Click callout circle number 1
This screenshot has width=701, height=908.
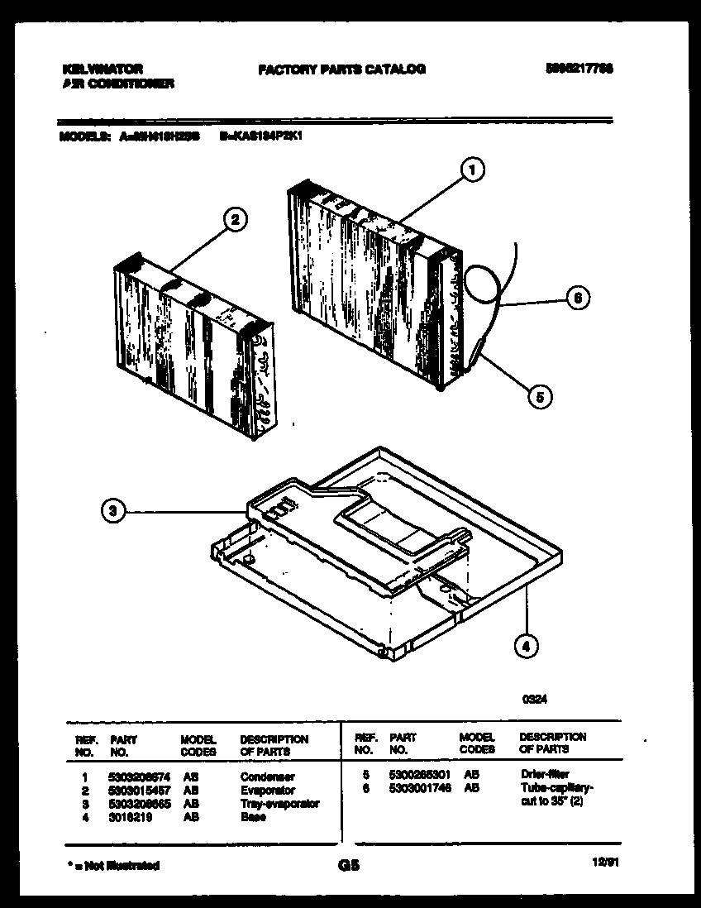point(471,170)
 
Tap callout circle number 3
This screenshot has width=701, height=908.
point(115,513)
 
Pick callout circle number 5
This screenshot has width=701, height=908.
point(540,397)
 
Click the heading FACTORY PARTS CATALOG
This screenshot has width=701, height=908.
point(341,69)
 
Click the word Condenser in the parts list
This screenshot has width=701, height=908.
point(267,777)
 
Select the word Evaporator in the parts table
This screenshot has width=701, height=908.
point(267,791)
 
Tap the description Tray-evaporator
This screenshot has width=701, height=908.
point(279,804)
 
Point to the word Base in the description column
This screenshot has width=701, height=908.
point(253,817)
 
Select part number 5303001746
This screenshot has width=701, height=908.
point(420,790)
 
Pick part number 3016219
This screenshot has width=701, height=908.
point(127,817)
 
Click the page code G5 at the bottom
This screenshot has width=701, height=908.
point(346,866)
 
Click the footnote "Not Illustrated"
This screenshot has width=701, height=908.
point(112,866)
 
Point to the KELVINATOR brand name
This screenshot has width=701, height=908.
point(103,69)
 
